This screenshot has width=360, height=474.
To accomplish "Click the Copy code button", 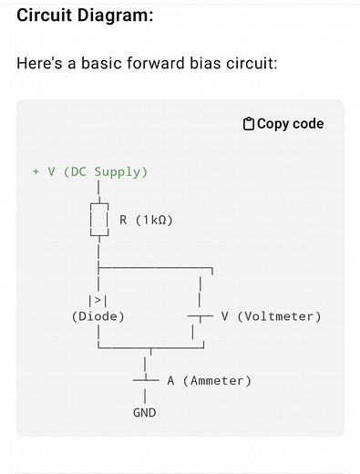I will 283,124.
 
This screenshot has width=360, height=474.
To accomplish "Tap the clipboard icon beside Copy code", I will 249,124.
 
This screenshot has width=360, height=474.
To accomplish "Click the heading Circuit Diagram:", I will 85,15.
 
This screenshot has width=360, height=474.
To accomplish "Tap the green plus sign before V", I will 36,171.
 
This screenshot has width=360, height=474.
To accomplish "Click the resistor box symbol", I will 98,220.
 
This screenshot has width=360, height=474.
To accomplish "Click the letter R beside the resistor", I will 123,220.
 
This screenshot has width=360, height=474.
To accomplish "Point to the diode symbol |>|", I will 98,300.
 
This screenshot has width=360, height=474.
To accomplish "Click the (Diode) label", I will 98,316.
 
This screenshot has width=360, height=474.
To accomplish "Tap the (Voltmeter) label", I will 279,316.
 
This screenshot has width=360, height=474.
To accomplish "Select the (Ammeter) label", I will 217,380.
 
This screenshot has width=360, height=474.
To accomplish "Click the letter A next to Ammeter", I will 171,380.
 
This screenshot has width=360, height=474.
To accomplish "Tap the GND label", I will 145,412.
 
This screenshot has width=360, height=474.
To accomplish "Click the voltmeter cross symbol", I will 200,316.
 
